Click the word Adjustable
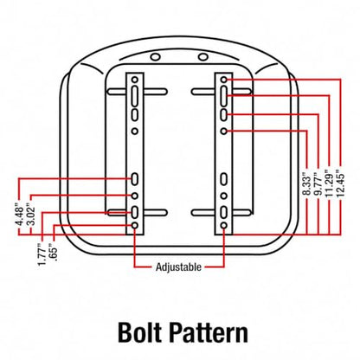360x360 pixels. (178, 267)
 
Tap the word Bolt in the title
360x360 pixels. (139, 332)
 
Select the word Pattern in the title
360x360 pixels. (209, 332)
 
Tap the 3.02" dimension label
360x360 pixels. (31, 215)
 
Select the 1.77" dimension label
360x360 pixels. (42, 254)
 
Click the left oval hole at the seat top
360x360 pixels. (155, 57)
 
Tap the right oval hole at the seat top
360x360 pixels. (203, 57)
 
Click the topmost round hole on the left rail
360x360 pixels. (135, 80)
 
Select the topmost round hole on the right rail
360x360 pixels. (224, 80)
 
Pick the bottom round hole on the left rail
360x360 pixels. (135, 225)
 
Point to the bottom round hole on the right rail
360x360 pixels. (224, 225)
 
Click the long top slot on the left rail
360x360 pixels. (135, 96)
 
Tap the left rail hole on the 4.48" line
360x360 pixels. (135, 179)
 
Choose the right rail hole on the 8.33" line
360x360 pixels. (224, 132)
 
